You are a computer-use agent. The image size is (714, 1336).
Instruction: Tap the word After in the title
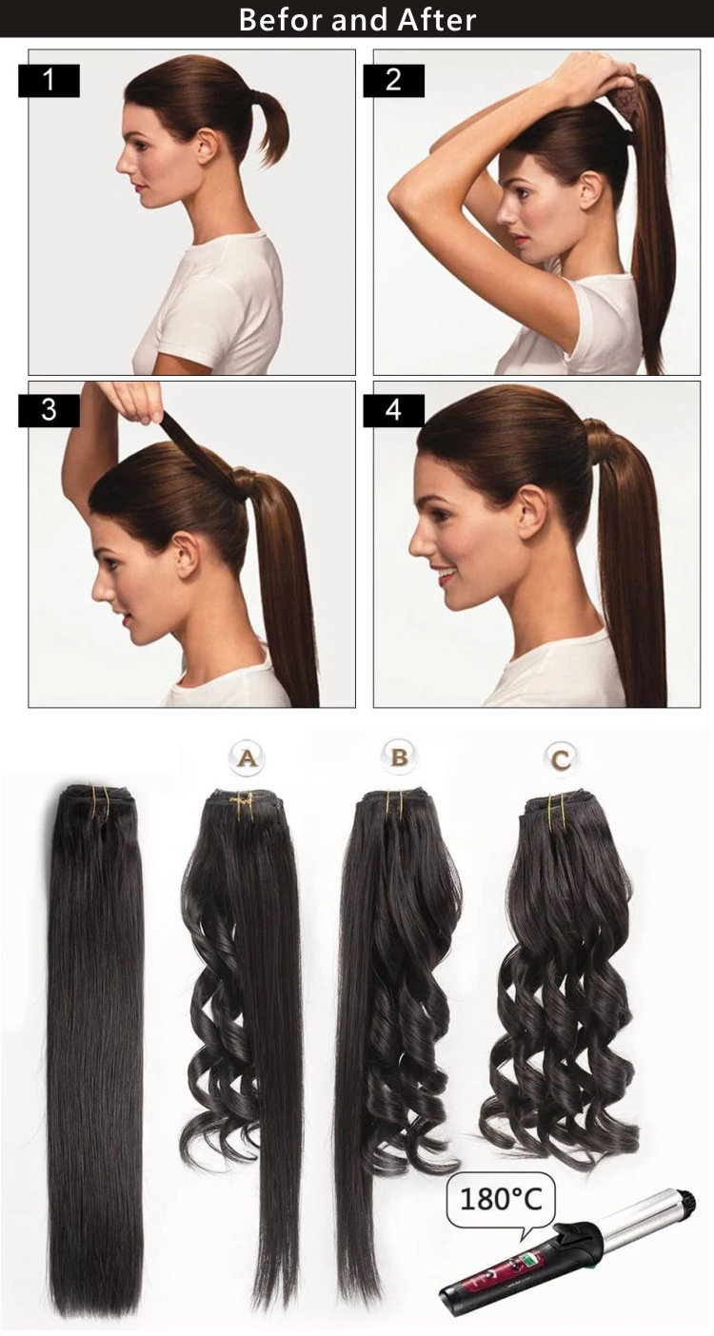tap(437, 20)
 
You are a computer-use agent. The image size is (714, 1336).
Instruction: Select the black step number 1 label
tap(49, 81)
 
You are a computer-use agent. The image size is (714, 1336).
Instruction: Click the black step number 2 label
tap(394, 81)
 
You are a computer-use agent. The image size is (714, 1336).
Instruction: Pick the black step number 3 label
tap(49, 411)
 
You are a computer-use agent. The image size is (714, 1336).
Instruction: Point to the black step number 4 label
tap(394, 411)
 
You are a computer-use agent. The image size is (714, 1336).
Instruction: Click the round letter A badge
tap(248, 758)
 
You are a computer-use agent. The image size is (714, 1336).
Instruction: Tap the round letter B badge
tap(399, 758)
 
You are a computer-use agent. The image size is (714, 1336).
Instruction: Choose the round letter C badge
tap(562, 759)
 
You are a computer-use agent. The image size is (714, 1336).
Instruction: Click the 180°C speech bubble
tap(501, 1199)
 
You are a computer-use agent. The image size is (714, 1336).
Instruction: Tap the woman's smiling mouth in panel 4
tap(446, 576)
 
